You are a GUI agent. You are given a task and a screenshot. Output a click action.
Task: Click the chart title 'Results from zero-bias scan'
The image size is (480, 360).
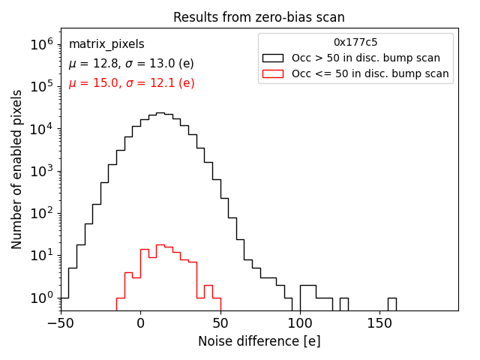(259, 17)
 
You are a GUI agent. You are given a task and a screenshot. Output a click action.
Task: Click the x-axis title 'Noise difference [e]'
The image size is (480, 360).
(259, 341)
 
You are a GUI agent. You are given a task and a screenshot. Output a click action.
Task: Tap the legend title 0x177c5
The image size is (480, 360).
(355, 43)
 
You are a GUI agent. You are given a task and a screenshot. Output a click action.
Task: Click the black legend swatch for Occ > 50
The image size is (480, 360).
(274, 58)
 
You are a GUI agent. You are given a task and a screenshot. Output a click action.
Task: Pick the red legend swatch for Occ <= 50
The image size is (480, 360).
(274, 73)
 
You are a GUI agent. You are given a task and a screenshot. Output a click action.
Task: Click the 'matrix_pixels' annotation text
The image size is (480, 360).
(106, 44)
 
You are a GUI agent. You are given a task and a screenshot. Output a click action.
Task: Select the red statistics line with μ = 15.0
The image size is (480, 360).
(131, 83)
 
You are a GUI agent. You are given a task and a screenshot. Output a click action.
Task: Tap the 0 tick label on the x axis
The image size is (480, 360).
(140, 323)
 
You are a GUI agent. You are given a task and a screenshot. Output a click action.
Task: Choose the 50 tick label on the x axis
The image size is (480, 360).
(220, 323)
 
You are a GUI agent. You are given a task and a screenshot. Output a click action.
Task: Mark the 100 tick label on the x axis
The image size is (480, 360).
(300, 323)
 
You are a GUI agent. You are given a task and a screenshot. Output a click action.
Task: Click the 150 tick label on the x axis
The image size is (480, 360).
(379, 323)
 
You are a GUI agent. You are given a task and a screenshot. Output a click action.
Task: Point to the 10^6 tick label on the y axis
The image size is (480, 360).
(40, 45)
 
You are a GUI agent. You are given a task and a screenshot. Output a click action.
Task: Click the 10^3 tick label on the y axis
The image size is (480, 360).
(40, 171)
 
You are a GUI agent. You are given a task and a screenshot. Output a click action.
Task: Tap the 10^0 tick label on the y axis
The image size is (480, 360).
(40, 298)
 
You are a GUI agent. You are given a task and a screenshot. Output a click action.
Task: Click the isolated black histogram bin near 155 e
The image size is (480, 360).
(391, 304)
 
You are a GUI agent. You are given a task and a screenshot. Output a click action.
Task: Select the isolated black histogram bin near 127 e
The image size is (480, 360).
(343, 304)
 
